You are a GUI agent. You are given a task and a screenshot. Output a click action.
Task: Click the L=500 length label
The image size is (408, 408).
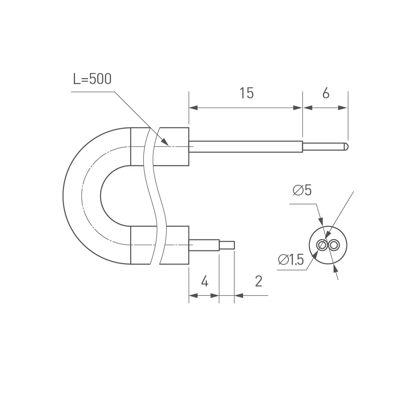(92, 79)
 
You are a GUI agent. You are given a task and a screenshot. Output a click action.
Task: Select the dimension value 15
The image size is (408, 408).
(246, 93)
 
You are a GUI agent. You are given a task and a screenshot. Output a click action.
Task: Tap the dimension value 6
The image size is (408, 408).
(326, 93)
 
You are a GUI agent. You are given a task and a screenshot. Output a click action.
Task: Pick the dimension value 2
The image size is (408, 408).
(258, 281)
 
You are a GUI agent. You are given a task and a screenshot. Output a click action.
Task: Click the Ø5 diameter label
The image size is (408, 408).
(302, 190)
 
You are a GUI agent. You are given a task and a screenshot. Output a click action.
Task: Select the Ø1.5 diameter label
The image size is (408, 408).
(291, 259)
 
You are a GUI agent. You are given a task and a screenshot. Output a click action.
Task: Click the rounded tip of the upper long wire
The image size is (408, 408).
(346, 146)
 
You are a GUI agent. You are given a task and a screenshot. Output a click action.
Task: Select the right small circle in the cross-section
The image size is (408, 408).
(335, 245)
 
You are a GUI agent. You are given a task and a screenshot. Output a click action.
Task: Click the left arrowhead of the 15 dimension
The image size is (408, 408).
(193, 108)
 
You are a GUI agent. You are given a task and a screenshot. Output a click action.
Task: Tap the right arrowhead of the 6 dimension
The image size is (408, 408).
(344, 108)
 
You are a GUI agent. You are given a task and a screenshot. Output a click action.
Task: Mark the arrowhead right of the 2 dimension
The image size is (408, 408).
(239, 295)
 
